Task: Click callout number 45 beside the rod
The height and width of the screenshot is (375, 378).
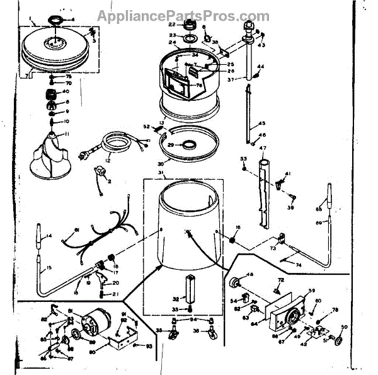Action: [263, 122]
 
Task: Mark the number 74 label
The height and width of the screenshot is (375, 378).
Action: [299, 265]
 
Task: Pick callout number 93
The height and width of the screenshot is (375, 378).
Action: [149, 345]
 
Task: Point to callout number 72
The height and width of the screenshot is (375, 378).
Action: [282, 280]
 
